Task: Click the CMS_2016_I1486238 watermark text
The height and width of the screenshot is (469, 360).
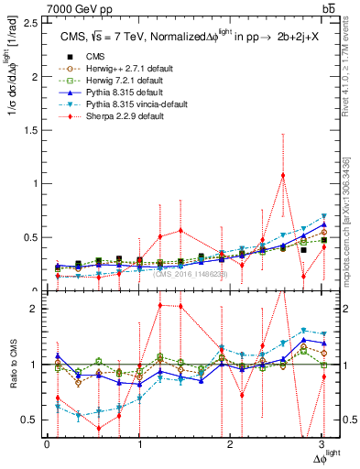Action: click(x=190, y=274)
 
